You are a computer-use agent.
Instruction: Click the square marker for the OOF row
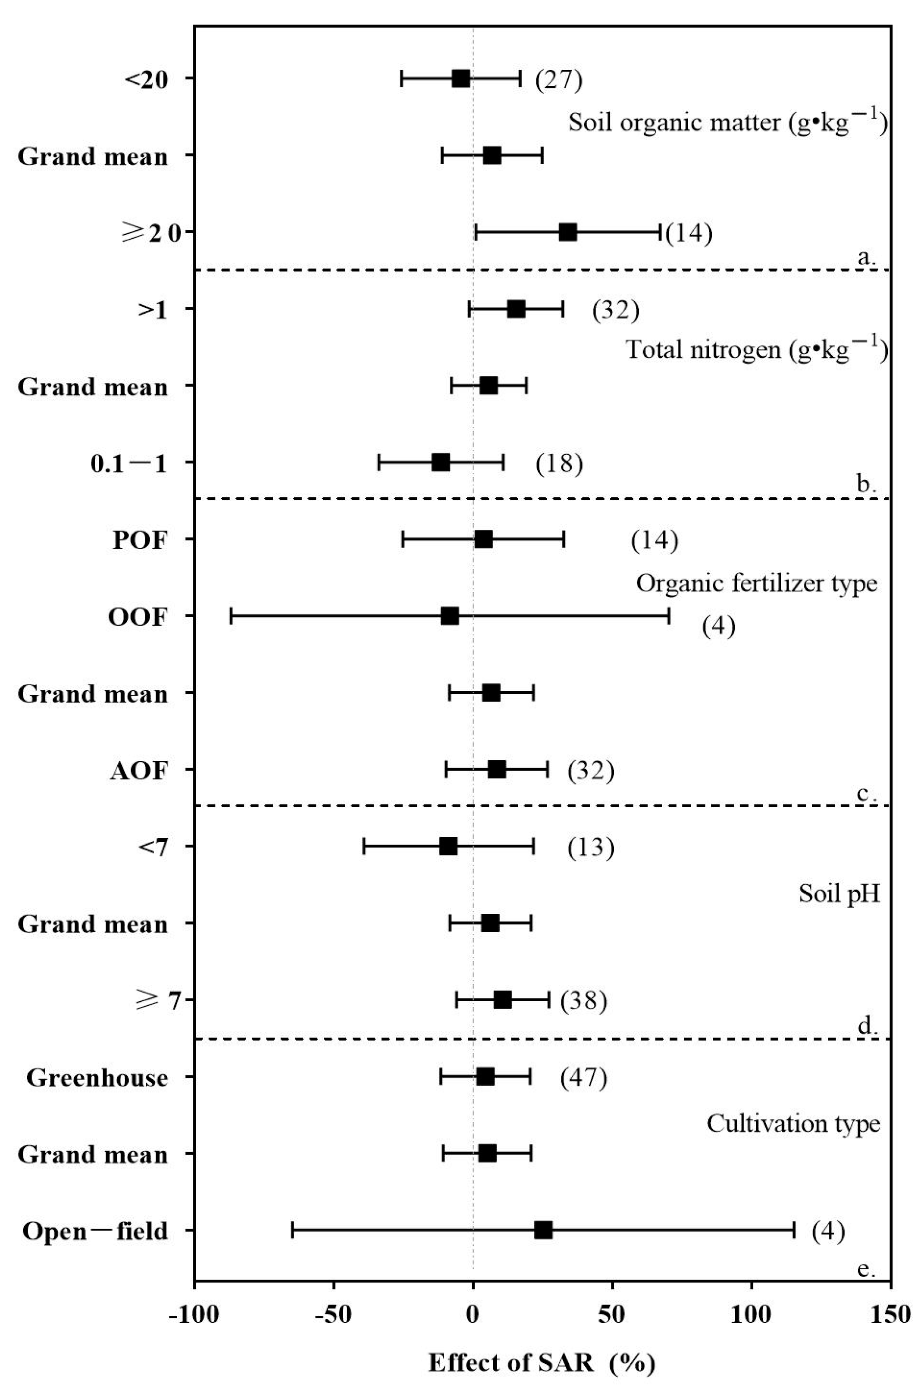coord(450,616)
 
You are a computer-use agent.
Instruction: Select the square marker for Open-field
coord(543,1230)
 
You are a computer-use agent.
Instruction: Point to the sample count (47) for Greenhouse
coord(583,1077)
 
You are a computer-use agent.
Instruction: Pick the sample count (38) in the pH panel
coord(583,1001)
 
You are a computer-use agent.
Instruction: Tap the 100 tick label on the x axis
coord(752,1314)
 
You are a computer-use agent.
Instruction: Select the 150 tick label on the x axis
coord(890,1314)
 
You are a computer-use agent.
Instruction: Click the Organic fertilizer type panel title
coord(757,583)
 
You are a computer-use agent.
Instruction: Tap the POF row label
coord(140,540)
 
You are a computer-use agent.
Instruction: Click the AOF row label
coord(138,771)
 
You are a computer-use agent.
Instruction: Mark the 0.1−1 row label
coord(129,463)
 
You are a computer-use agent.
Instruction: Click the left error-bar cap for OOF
coord(231,616)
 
